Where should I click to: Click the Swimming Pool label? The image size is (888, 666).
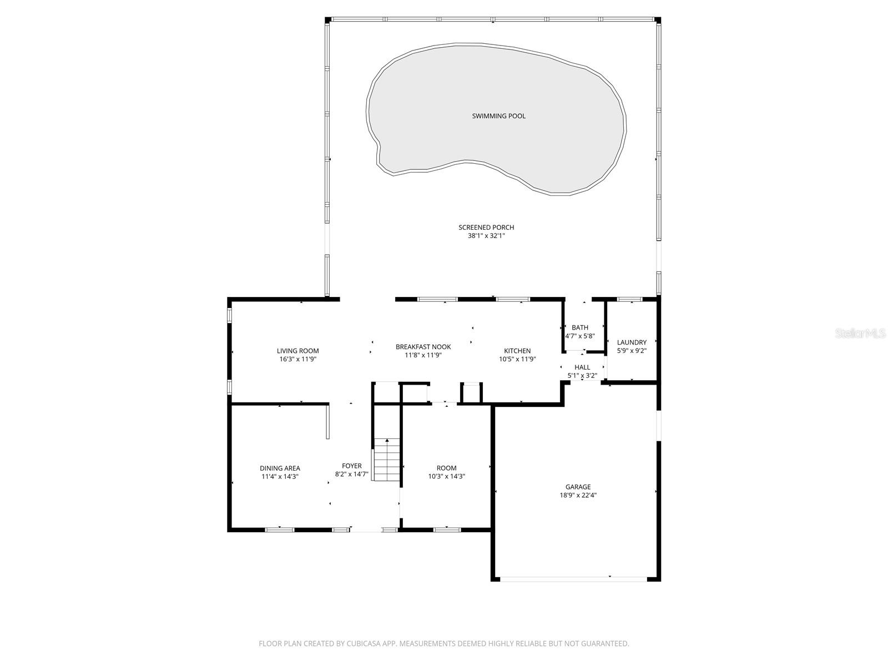(x=498, y=116)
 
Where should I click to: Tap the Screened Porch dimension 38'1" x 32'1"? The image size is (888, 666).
(x=486, y=236)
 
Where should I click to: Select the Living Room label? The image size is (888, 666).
(x=298, y=351)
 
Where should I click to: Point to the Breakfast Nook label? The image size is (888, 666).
(x=423, y=347)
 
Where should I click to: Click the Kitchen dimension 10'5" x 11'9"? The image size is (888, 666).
(x=517, y=359)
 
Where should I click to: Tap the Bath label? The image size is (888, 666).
(x=580, y=327)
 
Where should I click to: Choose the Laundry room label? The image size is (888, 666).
(x=632, y=342)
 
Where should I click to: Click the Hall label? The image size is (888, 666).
(x=582, y=367)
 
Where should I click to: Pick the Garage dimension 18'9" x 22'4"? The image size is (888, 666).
(x=578, y=496)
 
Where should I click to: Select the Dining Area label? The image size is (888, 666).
(x=280, y=468)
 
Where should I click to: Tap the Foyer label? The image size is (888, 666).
(x=352, y=466)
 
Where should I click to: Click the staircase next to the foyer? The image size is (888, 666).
(x=386, y=460)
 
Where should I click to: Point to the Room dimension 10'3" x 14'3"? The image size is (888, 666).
(x=446, y=476)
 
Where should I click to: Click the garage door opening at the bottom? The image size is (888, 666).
(x=574, y=579)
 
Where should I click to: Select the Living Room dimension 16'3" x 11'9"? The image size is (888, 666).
(x=298, y=359)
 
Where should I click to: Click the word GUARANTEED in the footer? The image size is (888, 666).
(x=604, y=644)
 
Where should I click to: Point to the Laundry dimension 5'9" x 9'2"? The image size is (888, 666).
(x=632, y=351)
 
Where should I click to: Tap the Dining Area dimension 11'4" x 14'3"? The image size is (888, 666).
(x=280, y=476)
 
